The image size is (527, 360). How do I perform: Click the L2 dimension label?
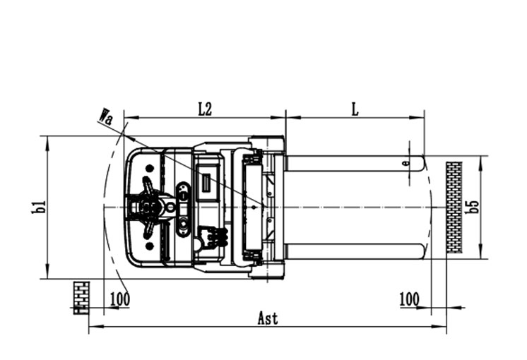tap(205, 109)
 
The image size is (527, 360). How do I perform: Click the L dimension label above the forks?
tap(355, 109)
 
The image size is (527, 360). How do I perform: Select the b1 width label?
tap(39, 208)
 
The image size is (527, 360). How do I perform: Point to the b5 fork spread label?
tap(473, 207)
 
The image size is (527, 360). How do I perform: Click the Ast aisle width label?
tap(268, 318)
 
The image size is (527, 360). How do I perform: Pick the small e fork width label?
tap(406, 163)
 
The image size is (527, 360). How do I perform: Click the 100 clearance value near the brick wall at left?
tap(120, 299)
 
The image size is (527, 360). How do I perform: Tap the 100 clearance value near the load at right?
tap(409, 299)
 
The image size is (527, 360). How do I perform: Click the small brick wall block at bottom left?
tap(81, 298)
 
